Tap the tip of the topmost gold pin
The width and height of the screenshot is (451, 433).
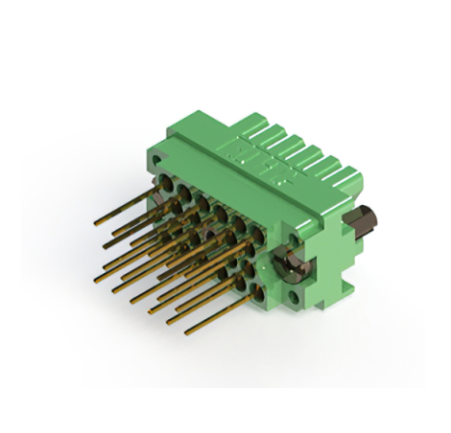pos(97,223)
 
